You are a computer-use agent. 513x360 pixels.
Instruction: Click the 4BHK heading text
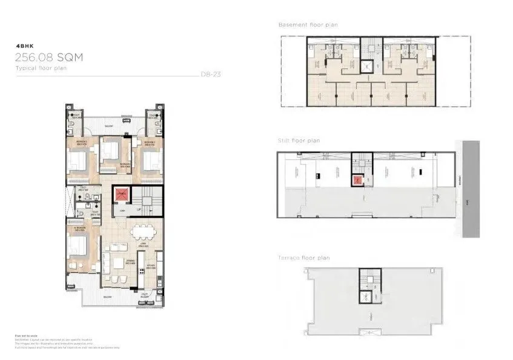(24, 45)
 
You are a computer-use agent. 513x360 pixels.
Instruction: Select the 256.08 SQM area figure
(49, 58)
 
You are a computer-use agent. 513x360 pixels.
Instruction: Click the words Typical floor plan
(41, 69)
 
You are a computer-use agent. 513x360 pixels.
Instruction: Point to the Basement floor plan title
(308, 25)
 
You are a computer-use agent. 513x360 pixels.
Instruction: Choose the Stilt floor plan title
(299, 141)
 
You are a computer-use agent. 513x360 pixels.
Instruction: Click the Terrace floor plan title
(304, 258)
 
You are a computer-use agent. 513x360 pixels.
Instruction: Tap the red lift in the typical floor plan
(122, 195)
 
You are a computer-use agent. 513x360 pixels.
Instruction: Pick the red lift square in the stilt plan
(357, 179)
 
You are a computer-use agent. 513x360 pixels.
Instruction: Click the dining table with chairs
(144, 232)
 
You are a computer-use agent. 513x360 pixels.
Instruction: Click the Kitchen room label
(151, 266)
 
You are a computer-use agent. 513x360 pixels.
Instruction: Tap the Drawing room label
(117, 264)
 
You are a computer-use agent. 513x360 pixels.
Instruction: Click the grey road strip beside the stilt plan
(470, 188)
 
